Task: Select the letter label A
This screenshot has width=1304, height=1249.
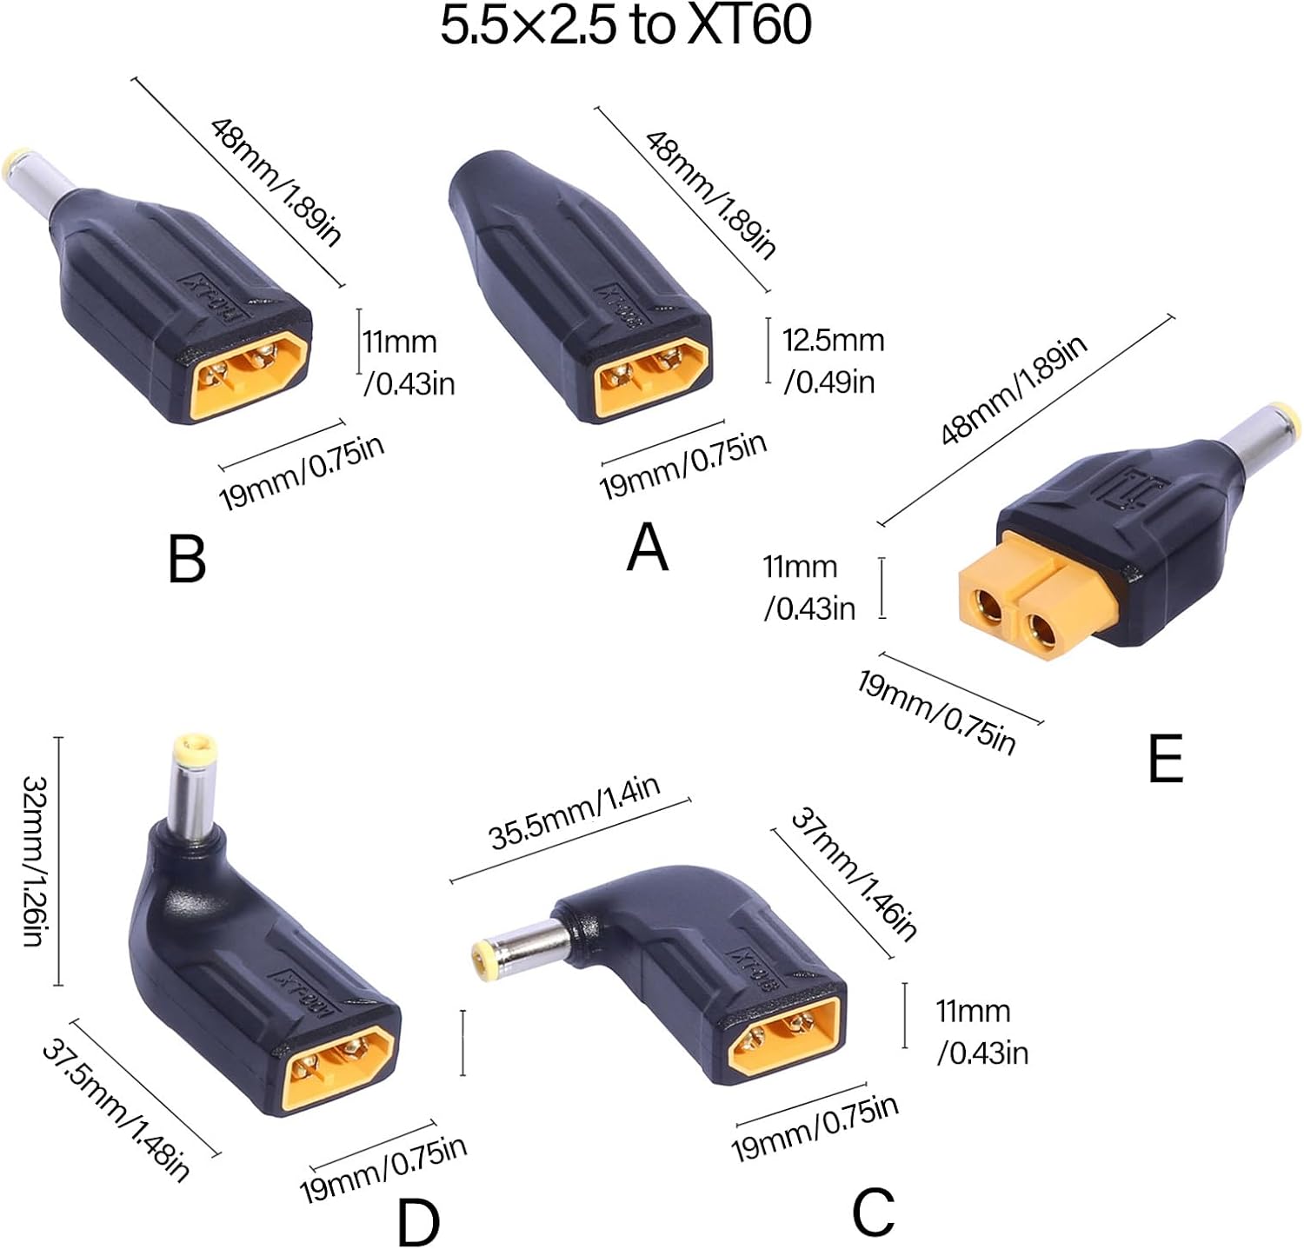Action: tap(647, 549)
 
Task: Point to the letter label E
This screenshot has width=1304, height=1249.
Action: tap(1165, 758)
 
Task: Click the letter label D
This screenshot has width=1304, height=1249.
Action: tap(418, 1222)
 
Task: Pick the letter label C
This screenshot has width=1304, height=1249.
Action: tap(873, 1212)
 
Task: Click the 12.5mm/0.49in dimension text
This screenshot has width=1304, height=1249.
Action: tap(832, 360)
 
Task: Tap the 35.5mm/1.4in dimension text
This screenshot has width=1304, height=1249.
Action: tap(575, 812)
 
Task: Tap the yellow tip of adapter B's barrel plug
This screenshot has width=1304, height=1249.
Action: tap(17, 163)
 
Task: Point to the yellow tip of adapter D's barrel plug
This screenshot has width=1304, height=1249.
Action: tap(194, 748)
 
